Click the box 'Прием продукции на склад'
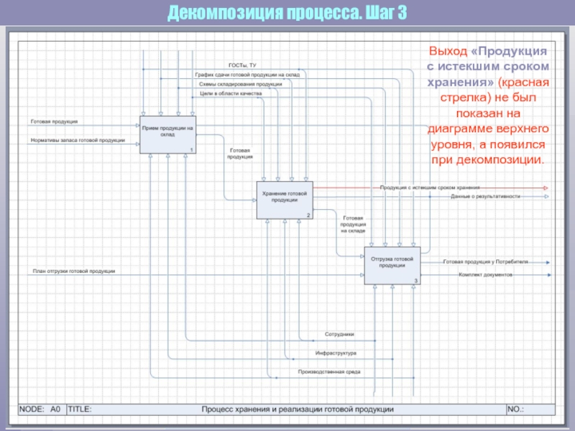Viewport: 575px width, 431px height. click(168, 134)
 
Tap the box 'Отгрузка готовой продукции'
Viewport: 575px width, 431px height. click(392, 264)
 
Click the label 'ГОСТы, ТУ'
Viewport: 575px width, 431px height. click(242, 65)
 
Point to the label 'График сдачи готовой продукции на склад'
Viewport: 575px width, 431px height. click(247, 74)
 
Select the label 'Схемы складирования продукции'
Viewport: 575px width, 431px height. click(240, 83)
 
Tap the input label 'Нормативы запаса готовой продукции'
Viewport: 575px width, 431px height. click(78, 140)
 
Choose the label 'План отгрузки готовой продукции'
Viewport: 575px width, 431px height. click(74, 271)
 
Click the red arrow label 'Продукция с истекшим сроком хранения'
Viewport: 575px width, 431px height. click(430, 187)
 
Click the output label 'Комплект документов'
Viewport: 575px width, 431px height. click(486, 274)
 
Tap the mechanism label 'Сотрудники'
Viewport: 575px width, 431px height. click(339, 335)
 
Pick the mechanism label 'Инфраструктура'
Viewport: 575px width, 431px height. click(336, 353)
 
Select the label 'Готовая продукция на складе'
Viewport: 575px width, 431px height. click(352, 224)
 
